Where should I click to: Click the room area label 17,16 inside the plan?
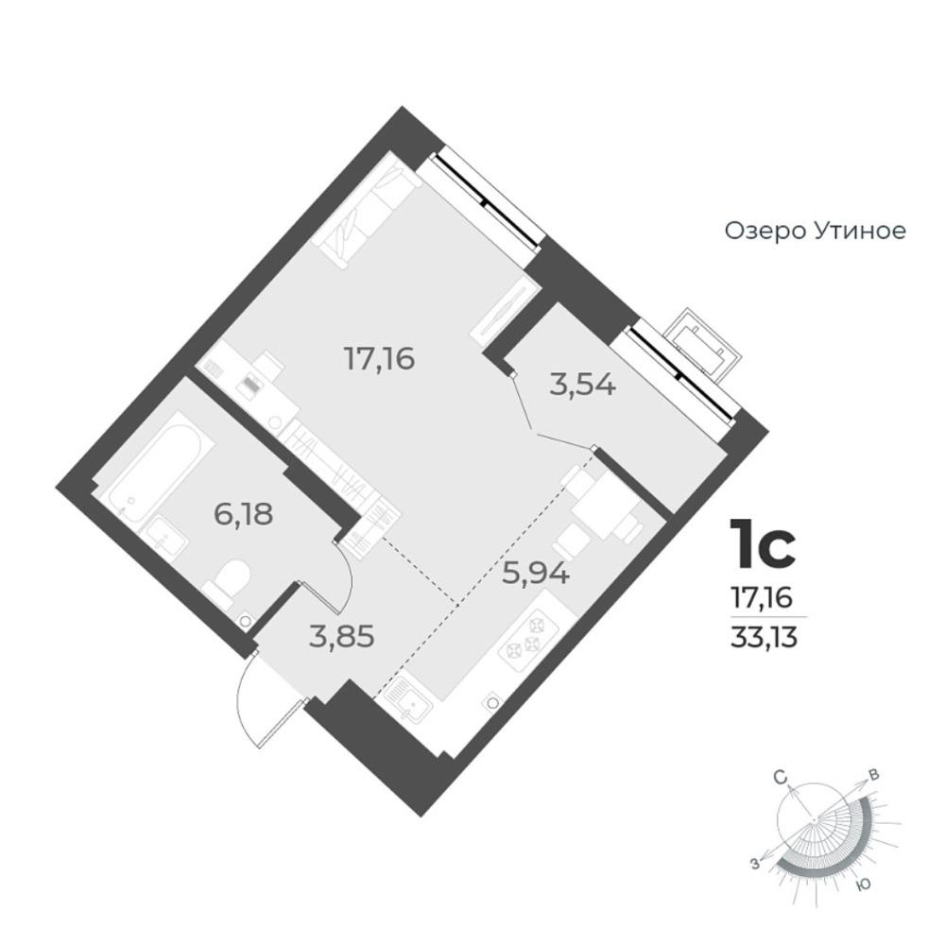[379, 359]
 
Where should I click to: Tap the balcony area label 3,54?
[582, 384]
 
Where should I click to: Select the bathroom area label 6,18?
[244, 514]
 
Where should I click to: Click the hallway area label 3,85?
[342, 636]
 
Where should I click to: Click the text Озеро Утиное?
[815, 231]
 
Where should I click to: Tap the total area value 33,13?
[765, 637]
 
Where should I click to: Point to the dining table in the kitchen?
[605, 504]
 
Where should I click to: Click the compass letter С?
[782, 779]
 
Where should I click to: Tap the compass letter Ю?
[864, 884]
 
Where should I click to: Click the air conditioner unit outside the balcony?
[702, 344]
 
